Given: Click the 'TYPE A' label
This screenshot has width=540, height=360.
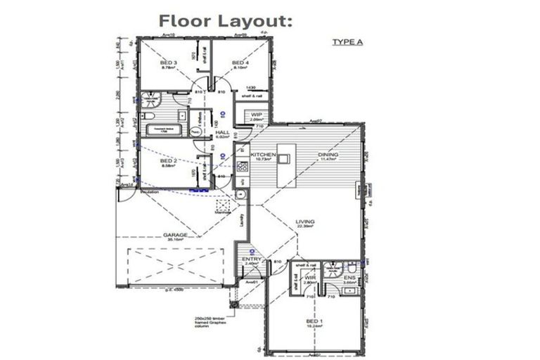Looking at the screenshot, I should (347, 42).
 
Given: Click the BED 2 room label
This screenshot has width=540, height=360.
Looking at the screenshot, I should (169, 163).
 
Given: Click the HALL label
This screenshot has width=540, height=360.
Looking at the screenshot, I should (222, 134).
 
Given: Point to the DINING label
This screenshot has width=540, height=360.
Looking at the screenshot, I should (328, 156).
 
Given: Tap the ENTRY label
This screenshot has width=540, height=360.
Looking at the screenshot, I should (252, 260).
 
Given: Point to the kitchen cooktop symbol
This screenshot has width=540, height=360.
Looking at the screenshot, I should (242, 167).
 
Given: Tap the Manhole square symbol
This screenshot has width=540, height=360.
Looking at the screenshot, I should (224, 203).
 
